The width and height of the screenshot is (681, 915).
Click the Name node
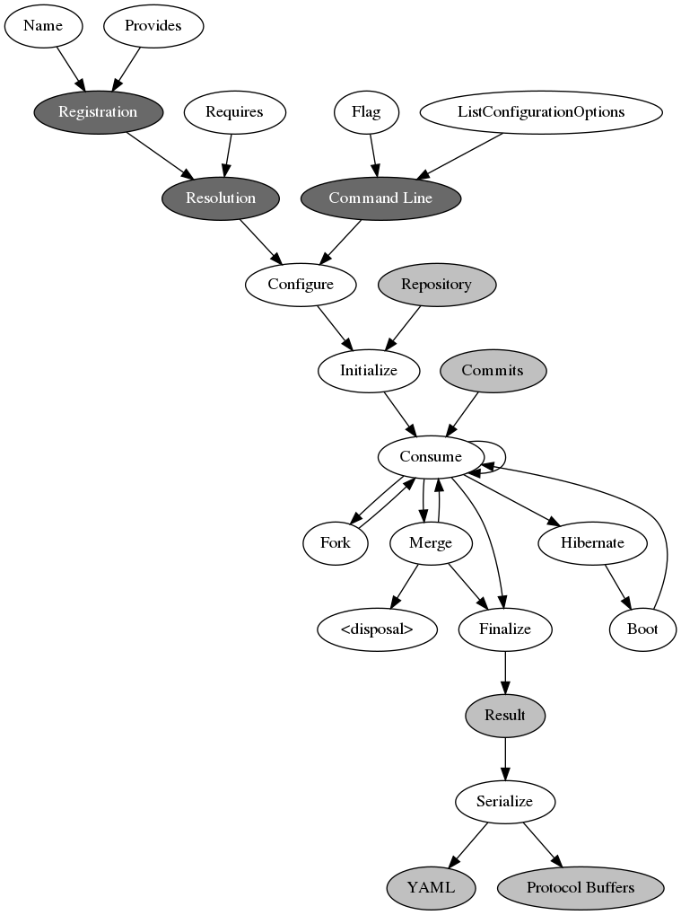coord(43,25)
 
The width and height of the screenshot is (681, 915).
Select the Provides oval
coord(153,25)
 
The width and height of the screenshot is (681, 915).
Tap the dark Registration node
coord(98,111)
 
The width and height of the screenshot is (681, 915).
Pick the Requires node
coord(234,111)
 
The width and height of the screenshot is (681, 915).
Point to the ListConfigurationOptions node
coord(541,111)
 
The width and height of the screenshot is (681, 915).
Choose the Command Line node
coord(380,198)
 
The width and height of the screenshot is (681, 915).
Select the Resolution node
coord(221,198)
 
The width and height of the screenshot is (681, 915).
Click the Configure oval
coord(301,284)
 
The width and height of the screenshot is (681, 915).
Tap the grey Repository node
coord(436,284)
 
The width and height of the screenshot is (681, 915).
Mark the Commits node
coord(493,370)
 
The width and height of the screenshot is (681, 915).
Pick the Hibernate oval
coord(592,542)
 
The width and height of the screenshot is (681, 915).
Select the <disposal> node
coord(377,629)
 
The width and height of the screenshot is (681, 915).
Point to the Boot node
coord(642,629)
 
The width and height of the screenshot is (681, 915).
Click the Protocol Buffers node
coord(581,887)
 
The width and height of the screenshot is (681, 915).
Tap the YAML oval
coord(431,887)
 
